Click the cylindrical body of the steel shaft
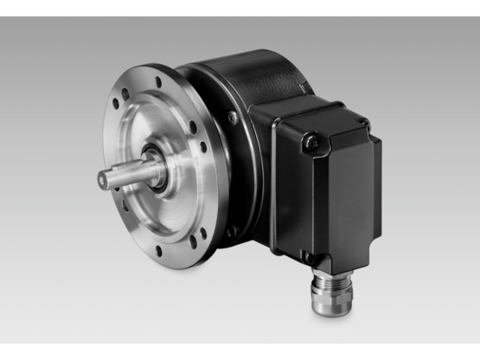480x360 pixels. click(x=130, y=175)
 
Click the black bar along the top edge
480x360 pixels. click(x=240, y=8)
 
